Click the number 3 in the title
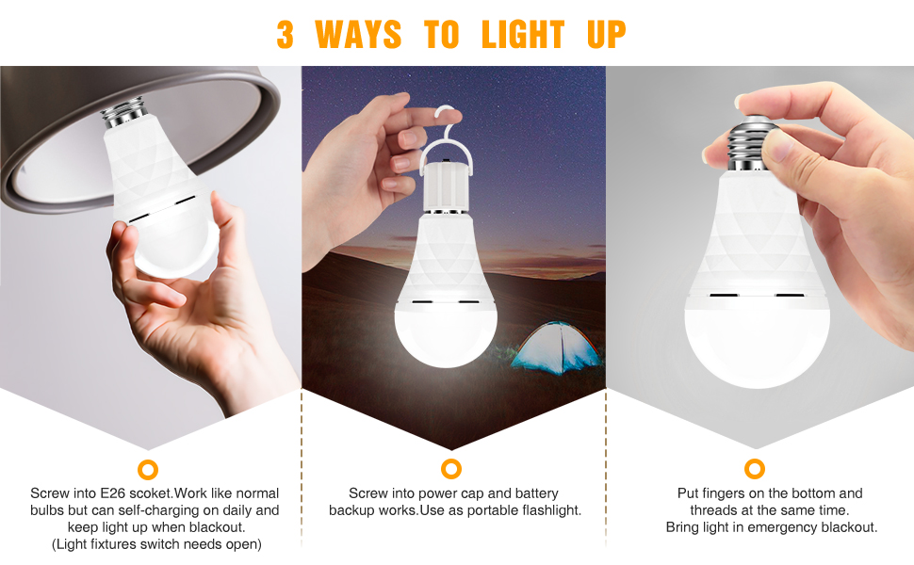pos(286,35)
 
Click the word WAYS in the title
pos(358,35)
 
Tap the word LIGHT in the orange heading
pos(522,35)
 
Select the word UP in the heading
pos(606,35)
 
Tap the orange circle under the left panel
pos(147,469)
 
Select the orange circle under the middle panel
pos(451,469)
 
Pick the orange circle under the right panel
pos(754,469)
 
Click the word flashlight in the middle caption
pos(547,510)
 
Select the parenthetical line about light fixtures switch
pos(155,544)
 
